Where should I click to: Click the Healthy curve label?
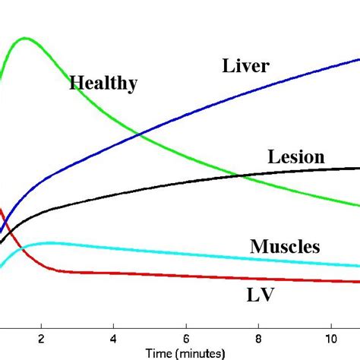103,83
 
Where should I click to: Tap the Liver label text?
245,66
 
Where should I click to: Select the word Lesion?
295,157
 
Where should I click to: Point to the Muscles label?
285,246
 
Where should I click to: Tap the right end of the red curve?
359,283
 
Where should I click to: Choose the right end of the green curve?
359,206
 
